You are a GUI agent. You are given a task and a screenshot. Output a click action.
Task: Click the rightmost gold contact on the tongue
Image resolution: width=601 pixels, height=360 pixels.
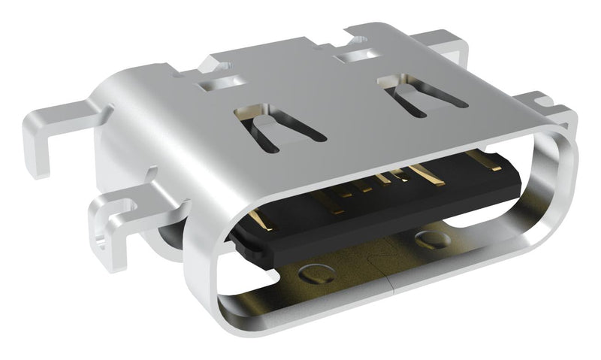pos(481,159)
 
